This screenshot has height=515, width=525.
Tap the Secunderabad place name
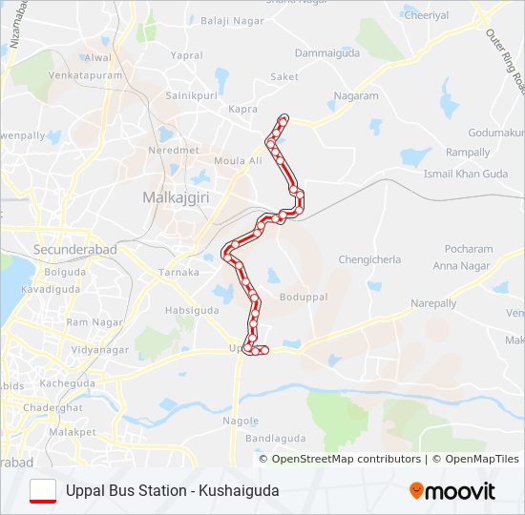point(75,250)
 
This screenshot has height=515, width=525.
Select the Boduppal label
point(303,297)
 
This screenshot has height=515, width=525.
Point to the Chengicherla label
point(369,259)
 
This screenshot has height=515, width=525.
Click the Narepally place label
point(433,303)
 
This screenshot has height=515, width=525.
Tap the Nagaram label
point(355,96)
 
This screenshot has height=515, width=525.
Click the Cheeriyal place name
point(426,15)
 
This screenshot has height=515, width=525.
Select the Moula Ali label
point(238,161)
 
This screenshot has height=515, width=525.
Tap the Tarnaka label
point(178,273)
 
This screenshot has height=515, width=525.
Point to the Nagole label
point(241,421)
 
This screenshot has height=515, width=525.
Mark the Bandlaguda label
point(272,439)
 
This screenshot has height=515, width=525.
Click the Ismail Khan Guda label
point(467,175)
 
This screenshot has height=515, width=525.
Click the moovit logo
point(452,491)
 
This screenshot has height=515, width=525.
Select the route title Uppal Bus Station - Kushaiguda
point(173,491)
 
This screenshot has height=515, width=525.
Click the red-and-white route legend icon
point(44,491)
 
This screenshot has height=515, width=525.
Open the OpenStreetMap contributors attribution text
point(346,459)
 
